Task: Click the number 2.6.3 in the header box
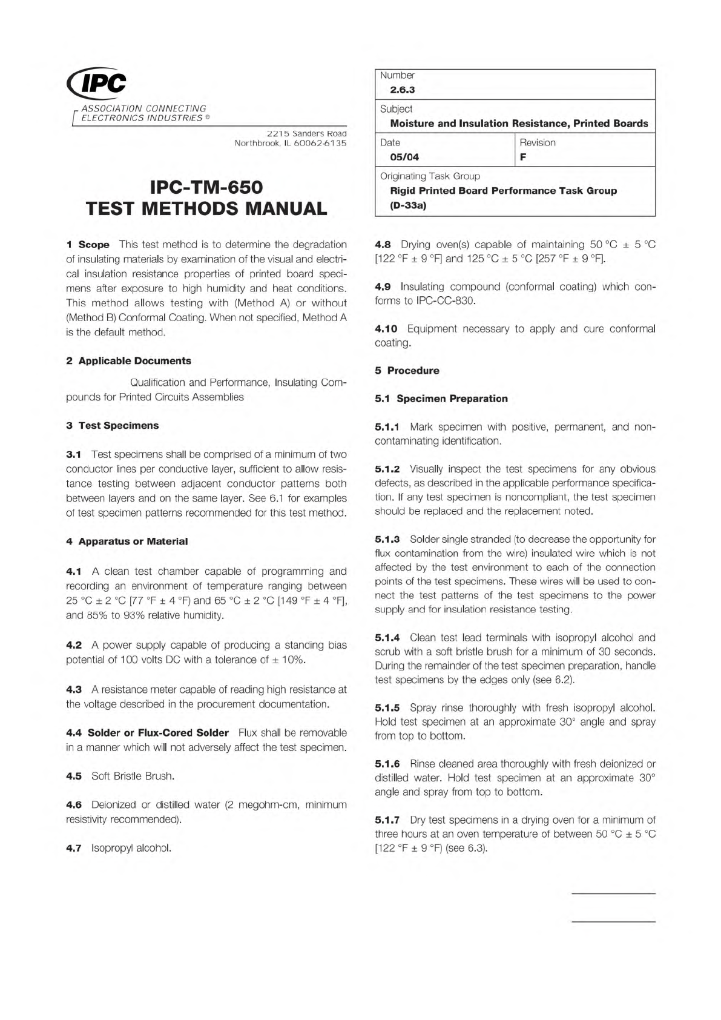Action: coord(402,90)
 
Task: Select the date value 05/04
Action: coord(404,157)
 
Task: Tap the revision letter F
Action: coord(523,157)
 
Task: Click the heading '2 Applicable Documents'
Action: coord(128,361)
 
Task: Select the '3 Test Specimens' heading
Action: coord(112,426)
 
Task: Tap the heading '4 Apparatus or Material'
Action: coord(127,541)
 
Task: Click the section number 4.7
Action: coord(73,848)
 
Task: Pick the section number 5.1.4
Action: coord(387,638)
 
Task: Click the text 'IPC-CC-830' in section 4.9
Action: coord(446,301)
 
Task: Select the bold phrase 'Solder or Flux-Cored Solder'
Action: coord(158,733)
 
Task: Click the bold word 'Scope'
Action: coord(94,245)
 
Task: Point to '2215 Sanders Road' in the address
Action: coord(307,133)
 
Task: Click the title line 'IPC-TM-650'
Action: coord(206,187)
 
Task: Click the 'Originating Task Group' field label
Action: coord(430,176)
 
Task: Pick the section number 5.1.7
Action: coord(387,820)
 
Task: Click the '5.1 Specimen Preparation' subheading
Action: coord(441,399)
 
